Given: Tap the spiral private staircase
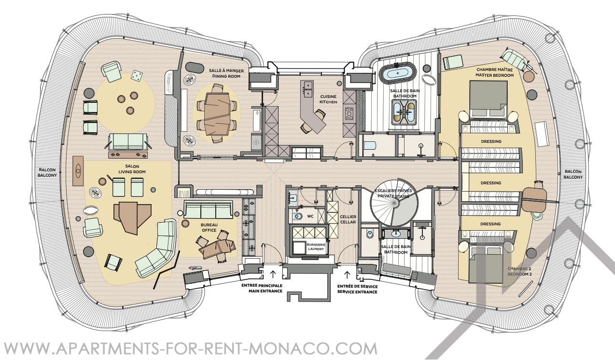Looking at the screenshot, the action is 394,204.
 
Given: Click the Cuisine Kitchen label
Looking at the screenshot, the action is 328,99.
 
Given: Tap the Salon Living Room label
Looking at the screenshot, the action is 132,169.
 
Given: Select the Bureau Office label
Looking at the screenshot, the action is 209,227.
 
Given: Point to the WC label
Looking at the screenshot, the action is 310,216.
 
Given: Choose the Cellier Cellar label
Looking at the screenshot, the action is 348,219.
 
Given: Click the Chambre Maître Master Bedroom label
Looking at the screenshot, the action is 494,72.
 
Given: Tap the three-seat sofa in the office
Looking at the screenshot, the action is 209,209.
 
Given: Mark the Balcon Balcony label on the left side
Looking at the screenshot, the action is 47,172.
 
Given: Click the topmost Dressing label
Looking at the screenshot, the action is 491,141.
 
